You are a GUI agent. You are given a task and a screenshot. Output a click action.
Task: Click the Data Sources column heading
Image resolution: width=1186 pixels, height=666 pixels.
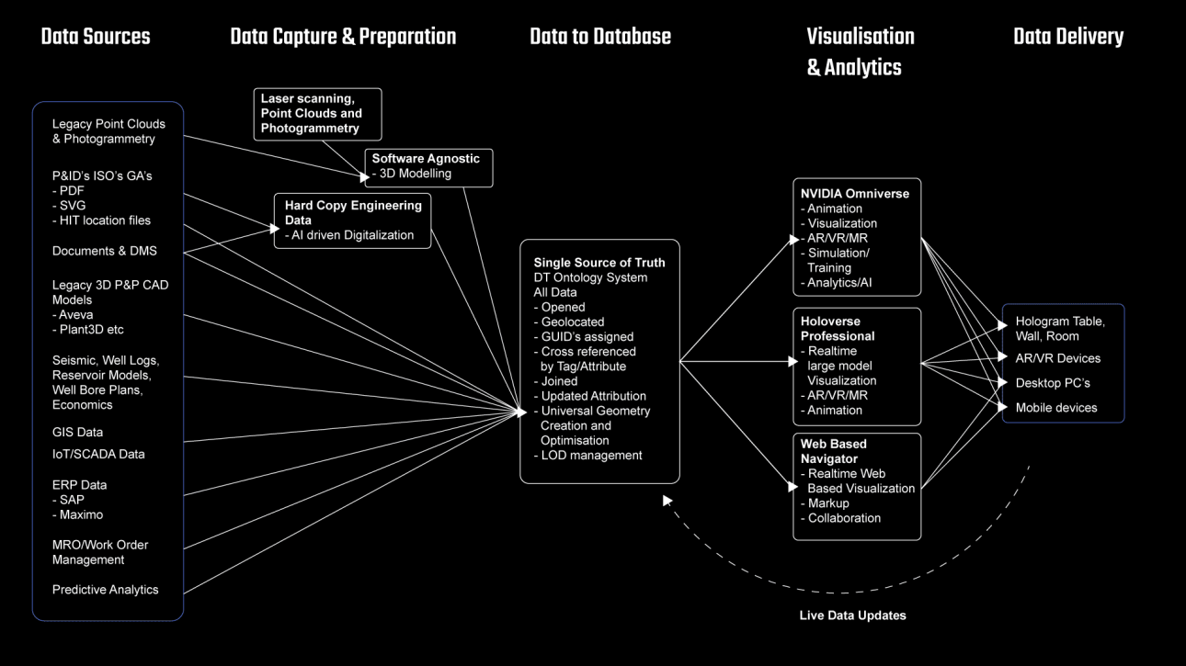tap(96, 37)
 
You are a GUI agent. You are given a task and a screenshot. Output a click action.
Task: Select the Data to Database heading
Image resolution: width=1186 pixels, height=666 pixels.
tap(600, 37)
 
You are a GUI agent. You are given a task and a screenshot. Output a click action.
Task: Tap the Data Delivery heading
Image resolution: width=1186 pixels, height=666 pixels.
tap(1068, 37)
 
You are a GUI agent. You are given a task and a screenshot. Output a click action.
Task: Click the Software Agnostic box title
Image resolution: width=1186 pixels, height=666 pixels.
tap(426, 159)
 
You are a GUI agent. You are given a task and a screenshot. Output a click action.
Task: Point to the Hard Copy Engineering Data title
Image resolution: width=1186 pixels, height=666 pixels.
tap(353, 213)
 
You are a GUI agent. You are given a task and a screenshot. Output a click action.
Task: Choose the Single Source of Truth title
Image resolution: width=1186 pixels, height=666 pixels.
tap(599, 263)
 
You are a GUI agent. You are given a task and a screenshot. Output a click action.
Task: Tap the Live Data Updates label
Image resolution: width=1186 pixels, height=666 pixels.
tap(852, 615)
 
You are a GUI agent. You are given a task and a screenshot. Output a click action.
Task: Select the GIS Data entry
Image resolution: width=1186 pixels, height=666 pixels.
tap(77, 432)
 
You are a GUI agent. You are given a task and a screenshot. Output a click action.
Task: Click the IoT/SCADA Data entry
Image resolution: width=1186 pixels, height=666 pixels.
tap(98, 454)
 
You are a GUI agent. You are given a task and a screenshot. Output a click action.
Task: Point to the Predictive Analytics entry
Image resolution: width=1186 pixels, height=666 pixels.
tap(105, 590)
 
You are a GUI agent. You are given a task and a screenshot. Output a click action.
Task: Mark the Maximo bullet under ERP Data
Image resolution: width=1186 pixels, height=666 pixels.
tap(81, 514)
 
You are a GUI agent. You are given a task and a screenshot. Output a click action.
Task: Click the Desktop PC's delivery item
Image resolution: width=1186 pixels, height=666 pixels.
tap(1053, 383)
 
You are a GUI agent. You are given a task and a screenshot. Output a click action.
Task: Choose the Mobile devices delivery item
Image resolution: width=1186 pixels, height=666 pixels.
tap(1056, 408)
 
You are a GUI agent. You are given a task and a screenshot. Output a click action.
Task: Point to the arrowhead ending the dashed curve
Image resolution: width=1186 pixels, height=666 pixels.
tap(667, 501)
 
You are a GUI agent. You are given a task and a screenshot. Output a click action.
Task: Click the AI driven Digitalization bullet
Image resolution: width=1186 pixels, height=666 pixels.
tap(349, 235)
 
